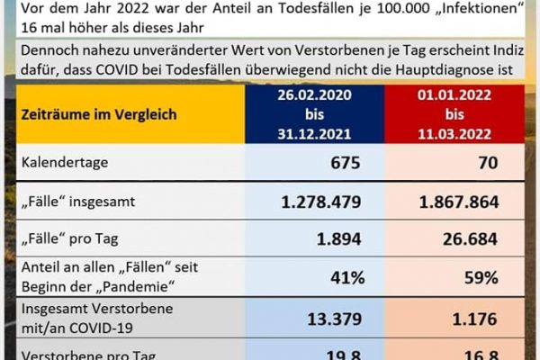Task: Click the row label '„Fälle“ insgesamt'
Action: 78,201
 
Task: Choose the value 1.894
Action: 337,238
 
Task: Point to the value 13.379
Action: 332,318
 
